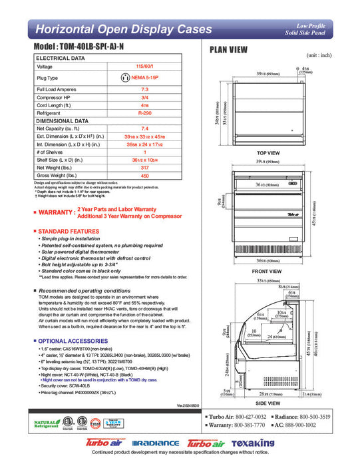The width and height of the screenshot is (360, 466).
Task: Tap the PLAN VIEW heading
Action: (230, 49)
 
